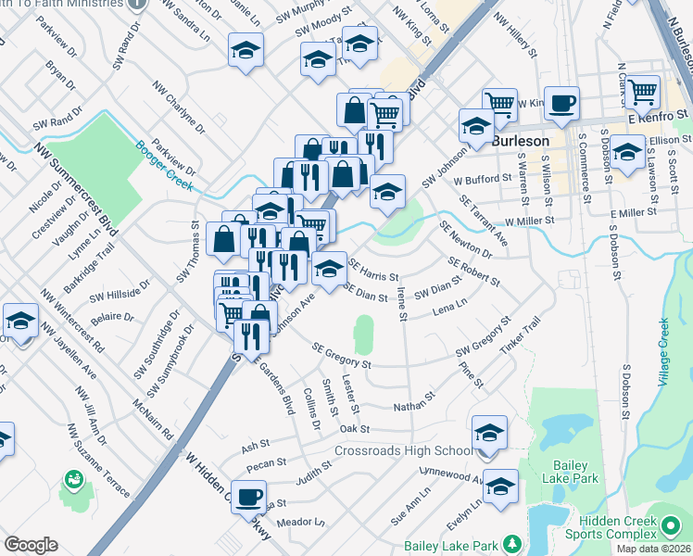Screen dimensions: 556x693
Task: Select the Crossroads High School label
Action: point(404,451)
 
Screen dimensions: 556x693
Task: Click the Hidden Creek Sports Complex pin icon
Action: point(672,524)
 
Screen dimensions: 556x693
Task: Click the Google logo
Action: point(31,545)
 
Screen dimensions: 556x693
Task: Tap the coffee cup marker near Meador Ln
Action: point(248,497)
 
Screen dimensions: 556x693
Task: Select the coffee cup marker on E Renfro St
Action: point(561,104)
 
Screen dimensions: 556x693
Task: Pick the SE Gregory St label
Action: point(341,357)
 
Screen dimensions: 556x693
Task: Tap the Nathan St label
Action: point(413,404)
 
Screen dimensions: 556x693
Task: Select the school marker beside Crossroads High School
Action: point(489,433)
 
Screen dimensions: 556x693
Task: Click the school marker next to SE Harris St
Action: point(329,269)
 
